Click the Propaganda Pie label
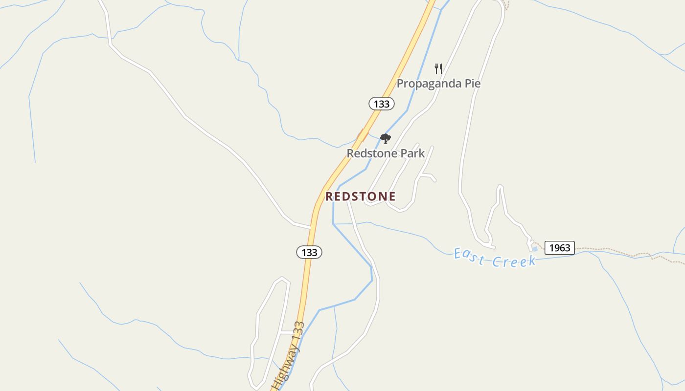pyautogui.click(x=438, y=84)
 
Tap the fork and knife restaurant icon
pyautogui.click(x=438, y=69)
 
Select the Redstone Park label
pyautogui.click(x=386, y=153)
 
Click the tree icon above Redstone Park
pyautogui.click(x=386, y=139)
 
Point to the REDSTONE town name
pyautogui.click(x=361, y=196)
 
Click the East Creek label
pyautogui.click(x=495, y=258)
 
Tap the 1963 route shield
pyautogui.click(x=559, y=248)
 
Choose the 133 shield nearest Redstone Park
pyautogui.click(x=381, y=104)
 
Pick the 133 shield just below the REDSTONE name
pyautogui.click(x=309, y=252)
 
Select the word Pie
pyautogui.click(x=472, y=84)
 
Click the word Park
pyautogui.click(x=413, y=153)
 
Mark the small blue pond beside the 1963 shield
pyautogui.click(x=535, y=249)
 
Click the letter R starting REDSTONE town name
pyautogui.click(x=329, y=196)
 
